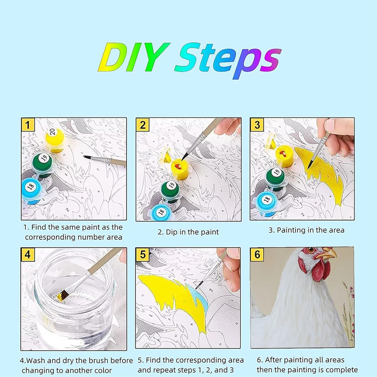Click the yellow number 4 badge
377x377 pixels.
pos(28,255)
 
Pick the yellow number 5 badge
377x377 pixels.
pos(143,255)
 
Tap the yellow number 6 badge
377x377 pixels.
pos(257,254)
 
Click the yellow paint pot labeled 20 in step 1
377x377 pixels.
pos(55,139)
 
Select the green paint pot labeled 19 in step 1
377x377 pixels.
pos(42,163)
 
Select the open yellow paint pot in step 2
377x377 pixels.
pos(180,169)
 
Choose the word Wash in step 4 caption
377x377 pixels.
pos(36,360)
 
